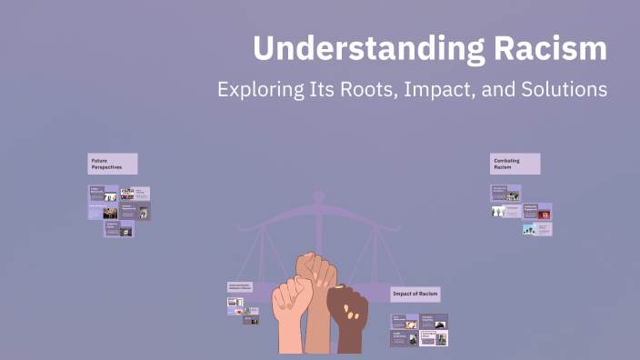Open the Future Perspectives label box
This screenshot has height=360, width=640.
pyautogui.click(x=113, y=164)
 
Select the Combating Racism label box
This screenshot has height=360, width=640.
pyautogui.click(x=515, y=164)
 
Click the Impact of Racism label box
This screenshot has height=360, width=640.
pyautogui.click(x=415, y=294)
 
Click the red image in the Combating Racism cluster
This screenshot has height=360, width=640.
pyautogui.click(x=545, y=215)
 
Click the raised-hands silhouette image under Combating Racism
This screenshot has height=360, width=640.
pyautogui.click(x=499, y=211)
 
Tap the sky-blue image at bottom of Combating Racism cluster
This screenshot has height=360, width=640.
pyautogui.click(x=530, y=229)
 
